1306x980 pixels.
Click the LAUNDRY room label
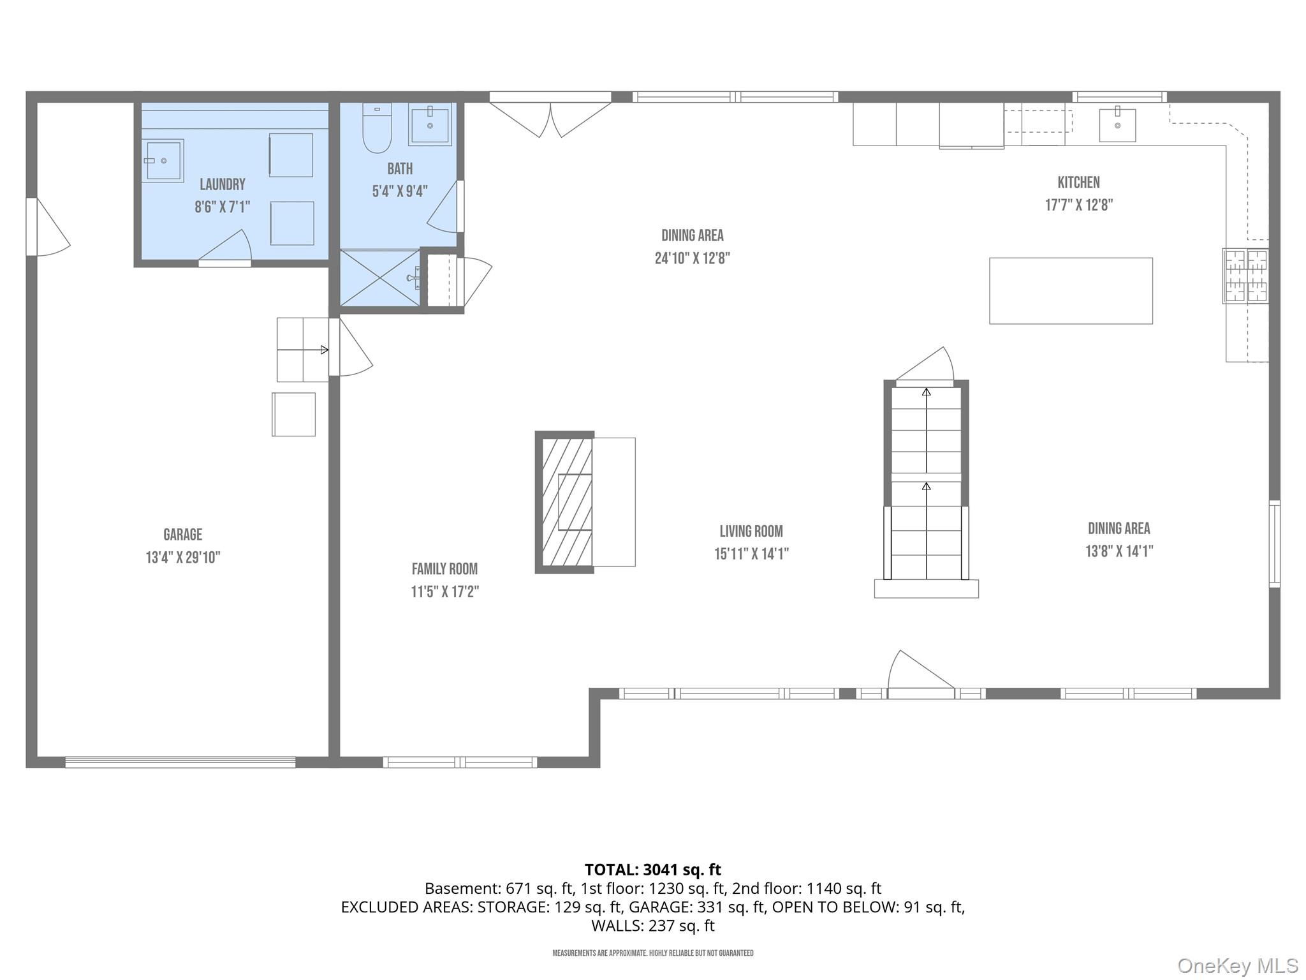[223, 184]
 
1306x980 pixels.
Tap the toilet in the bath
[377, 128]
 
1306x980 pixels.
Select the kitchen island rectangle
[1071, 291]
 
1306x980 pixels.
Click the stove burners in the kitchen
[1245, 276]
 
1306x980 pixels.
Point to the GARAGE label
[183, 535]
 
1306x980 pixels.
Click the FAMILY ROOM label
[444, 569]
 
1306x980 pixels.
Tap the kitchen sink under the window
[1117, 124]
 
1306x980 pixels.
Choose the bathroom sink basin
[430, 124]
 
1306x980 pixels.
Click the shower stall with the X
[379, 278]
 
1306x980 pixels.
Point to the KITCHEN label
[1079, 182]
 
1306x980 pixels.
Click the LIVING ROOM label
[751, 531]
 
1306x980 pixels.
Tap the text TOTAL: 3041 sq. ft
[653, 870]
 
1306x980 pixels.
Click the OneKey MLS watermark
[1238, 966]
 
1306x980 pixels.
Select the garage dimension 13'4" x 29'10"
[183, 558]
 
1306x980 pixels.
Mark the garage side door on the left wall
[47, 226]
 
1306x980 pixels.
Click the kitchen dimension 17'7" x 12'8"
[1079, 205]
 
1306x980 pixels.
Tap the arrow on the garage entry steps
[303, 350]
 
